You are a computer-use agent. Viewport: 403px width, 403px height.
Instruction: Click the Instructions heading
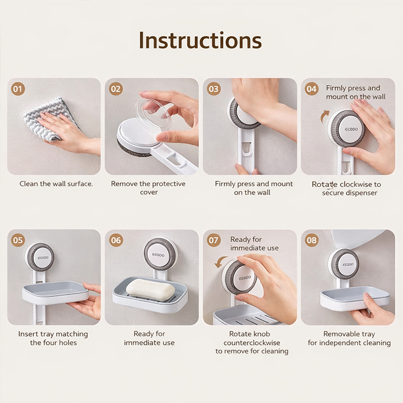tap(200, 40)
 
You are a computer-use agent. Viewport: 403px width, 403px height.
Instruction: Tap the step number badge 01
tap(18, 89)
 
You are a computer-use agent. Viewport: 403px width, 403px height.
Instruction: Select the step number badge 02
tap(116, 89)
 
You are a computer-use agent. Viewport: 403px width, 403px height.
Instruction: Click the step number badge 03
tap(214, 89)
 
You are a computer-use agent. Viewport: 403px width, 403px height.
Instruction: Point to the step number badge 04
tap(312, 89)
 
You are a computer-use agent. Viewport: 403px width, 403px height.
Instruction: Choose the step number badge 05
tap(18, 240)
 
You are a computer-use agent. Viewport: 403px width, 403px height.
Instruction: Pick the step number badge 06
tap(116, 240)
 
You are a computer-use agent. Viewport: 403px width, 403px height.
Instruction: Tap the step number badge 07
tap(214, 240)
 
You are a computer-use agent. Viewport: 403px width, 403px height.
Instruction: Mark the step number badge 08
tap(312, 240)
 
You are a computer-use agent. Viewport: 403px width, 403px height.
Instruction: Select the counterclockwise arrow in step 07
tap(219, 262)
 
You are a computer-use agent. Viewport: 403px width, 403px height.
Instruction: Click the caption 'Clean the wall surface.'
tap(56, 184)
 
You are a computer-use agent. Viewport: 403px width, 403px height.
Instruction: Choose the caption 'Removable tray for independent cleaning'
tap(349, 339)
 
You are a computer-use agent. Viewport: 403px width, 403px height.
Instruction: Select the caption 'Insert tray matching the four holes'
tap(52, 339)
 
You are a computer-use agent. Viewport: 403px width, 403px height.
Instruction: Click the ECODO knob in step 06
tap(159, 254)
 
